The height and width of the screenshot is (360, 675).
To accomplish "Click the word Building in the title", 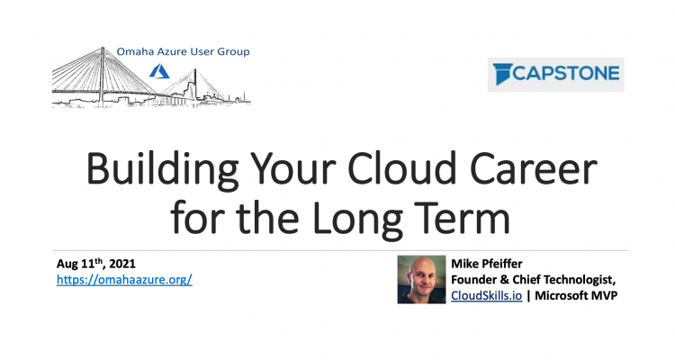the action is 163,169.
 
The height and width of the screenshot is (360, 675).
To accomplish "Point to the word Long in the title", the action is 357,220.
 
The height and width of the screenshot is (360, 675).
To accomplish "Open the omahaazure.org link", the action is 124,280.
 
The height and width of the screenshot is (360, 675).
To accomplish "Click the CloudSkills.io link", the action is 486,296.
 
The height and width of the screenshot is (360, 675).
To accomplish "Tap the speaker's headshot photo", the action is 421,280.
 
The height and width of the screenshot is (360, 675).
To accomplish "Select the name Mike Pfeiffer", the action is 486,264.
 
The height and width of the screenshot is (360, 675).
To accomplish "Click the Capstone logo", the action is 556,75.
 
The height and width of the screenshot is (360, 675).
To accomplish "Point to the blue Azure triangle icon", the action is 159,71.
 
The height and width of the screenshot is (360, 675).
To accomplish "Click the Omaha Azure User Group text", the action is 183,51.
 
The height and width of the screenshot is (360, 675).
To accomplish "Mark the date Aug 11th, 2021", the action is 96,263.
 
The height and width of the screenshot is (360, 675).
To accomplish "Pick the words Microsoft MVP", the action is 576,296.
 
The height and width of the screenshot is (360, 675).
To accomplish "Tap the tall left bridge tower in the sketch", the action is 102,76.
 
